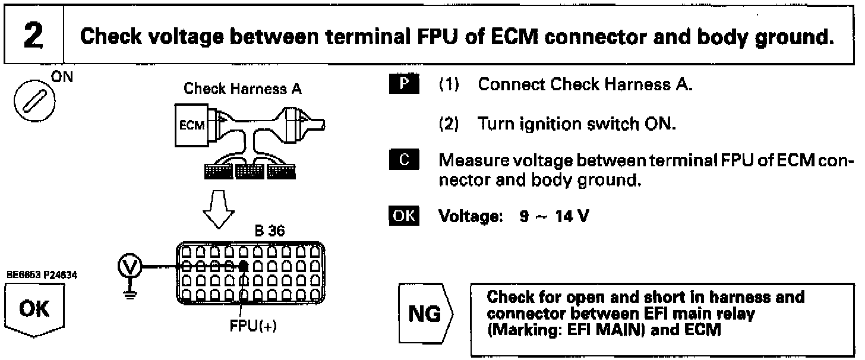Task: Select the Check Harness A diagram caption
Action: pyautogui.click(x=242, y=89)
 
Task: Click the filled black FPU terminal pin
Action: pyautogui.click(x=244, y=267)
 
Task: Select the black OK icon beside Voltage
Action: pyautogui.click(x=404, y=216)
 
